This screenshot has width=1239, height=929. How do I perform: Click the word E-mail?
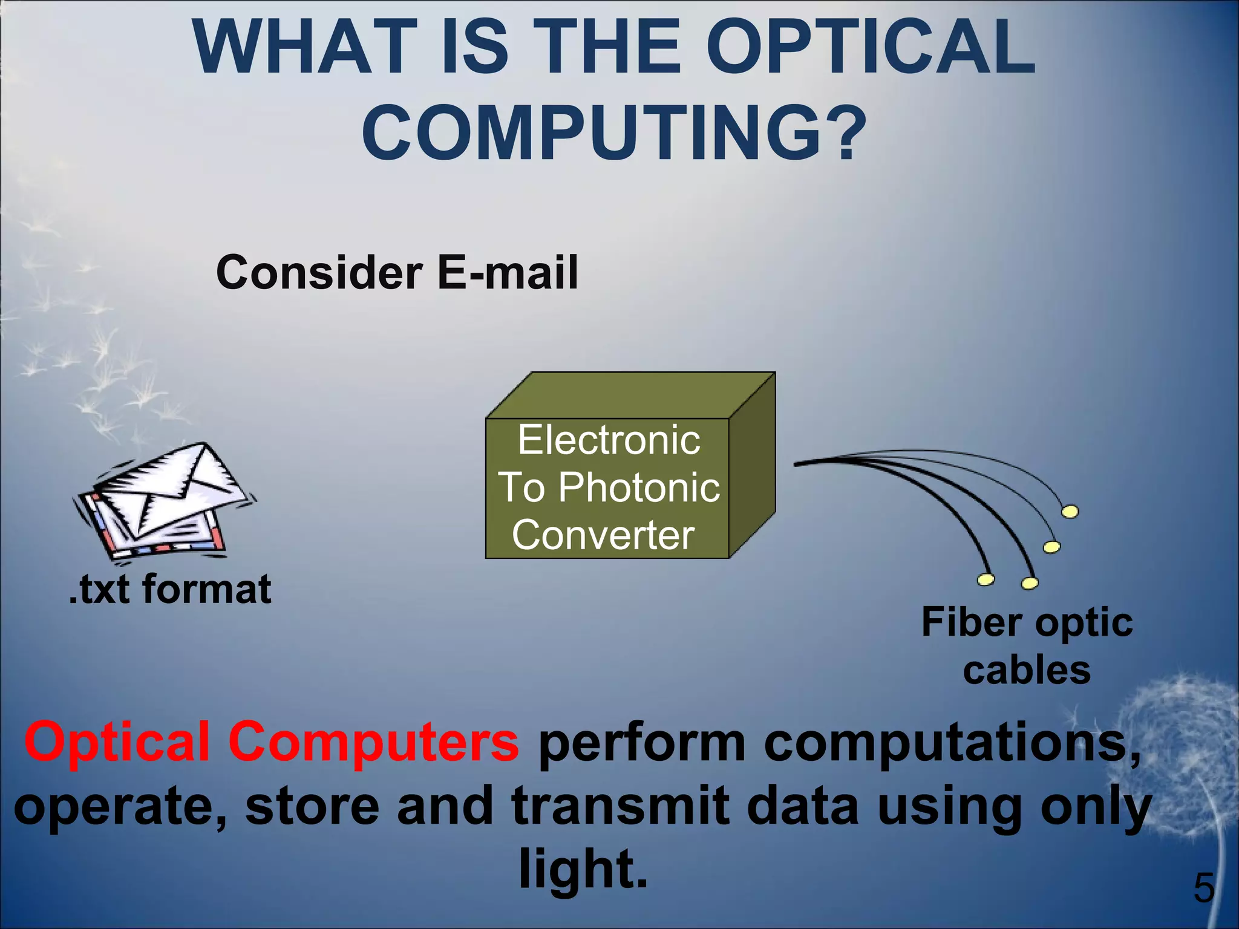point(508,272)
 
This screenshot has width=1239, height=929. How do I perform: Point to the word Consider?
point(319,272)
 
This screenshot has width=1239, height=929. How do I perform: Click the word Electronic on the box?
point(609,440)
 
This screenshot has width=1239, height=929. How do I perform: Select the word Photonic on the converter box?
point(639,487)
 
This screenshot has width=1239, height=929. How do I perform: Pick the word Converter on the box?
point(603,535)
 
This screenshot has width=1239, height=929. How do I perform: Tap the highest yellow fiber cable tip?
point(1070,512)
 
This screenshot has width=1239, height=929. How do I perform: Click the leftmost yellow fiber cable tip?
point(986,580)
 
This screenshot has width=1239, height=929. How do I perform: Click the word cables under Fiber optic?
point(1027,671)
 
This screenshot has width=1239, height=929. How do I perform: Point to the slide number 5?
point(1203,888)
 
